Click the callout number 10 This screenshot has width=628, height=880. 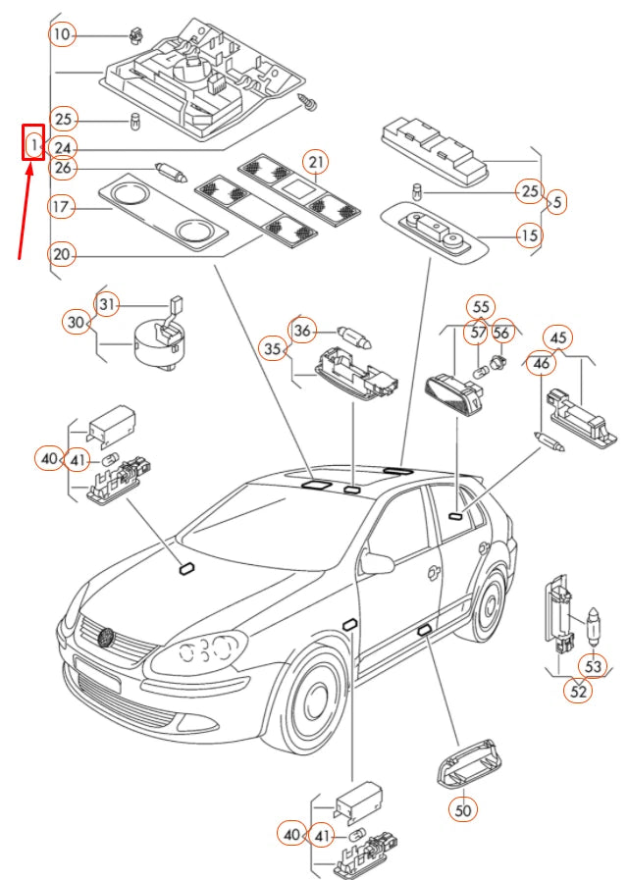coord(61,35)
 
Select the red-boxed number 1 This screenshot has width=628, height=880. coord(33,145)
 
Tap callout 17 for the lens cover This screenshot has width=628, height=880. coord(61,207)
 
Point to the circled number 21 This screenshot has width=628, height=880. coord(315,161)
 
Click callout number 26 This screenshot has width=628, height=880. coord(62,168)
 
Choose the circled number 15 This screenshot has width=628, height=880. coord(529,235)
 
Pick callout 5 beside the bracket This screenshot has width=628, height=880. coord(556,202)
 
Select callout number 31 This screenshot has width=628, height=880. coord(107,305)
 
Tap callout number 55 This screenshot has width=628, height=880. coord(480,306)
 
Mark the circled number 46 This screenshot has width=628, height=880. coord(541,365)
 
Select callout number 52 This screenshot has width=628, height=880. coord(578,691)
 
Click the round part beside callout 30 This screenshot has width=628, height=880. coord(157,344)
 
